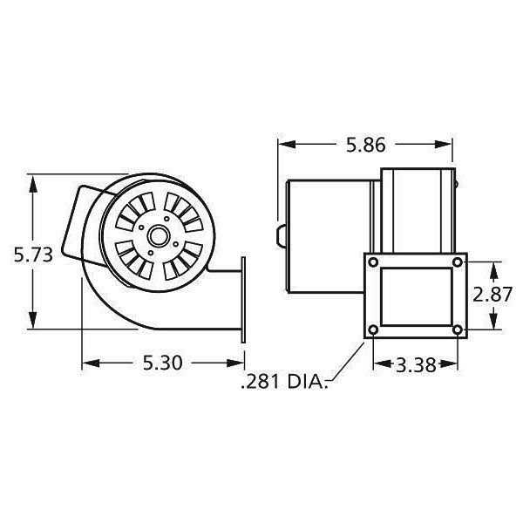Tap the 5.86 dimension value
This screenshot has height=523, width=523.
(x=365, y=146)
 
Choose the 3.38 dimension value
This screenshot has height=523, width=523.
(x=415, y=365)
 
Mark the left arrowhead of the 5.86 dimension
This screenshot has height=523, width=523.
(x=283, y=146)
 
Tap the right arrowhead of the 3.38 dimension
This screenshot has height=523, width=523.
(x=454, y=364)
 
